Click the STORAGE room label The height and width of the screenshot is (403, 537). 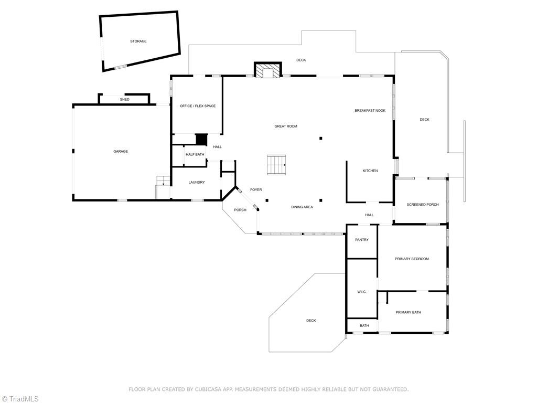138,41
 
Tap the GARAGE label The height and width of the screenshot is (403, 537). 121,152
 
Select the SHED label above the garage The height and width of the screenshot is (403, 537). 124,99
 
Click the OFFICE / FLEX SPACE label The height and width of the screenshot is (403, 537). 198,106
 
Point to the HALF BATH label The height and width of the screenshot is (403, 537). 195,154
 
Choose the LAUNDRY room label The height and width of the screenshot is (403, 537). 197,182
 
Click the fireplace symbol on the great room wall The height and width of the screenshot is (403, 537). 267,71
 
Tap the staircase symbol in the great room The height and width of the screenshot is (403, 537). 276,165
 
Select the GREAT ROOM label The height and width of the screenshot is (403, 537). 286,126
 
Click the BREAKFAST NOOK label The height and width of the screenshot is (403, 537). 370,111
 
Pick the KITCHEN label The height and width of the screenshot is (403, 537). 370,171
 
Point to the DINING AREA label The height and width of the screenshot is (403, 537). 302,207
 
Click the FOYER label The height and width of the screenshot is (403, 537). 256,190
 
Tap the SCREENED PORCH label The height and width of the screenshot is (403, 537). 423,205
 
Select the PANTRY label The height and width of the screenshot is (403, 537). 362,240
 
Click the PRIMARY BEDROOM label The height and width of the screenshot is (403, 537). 412,259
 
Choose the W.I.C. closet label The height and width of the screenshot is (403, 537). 362,292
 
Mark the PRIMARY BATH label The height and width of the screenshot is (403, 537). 408,313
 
